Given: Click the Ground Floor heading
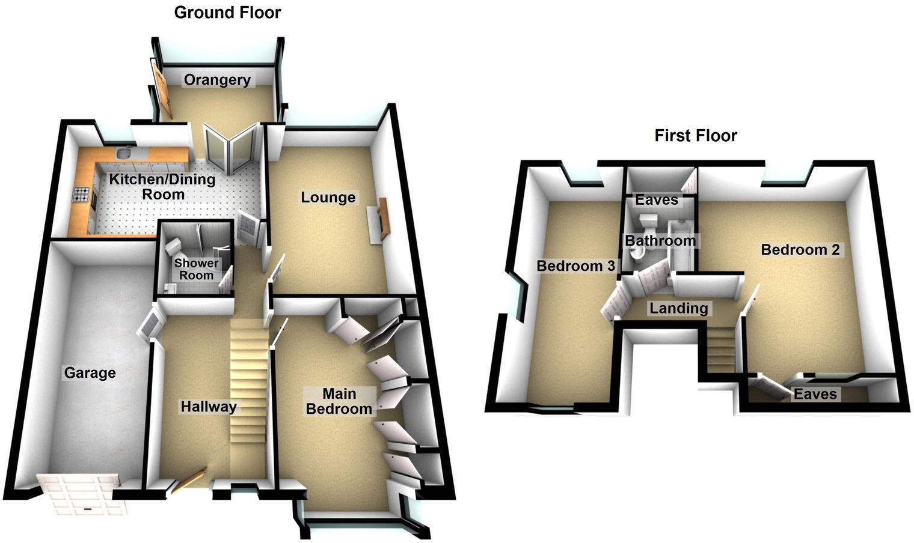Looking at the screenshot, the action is (227, 13).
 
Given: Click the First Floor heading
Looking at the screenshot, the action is (696, 136).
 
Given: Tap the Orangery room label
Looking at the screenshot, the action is (217, 80).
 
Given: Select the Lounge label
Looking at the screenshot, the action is (328, 197).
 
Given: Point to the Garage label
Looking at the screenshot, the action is (90, 373).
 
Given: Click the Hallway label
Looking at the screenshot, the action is (209, 407).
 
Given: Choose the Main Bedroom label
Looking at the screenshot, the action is (339, 401).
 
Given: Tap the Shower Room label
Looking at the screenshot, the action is (197, 269).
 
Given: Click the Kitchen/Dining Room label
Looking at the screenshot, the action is (162, 186).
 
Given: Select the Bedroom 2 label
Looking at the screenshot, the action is (800, 249).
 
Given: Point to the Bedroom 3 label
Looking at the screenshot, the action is (576, 265).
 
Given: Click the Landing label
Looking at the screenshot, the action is (679, 308).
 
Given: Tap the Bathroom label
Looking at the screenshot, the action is (660, 241).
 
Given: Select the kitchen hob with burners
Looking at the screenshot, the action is (81, 195).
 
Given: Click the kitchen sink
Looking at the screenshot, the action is (125, 153).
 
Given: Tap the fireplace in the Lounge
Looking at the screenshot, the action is (380, 221).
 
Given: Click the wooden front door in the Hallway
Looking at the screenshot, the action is (189, 480).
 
